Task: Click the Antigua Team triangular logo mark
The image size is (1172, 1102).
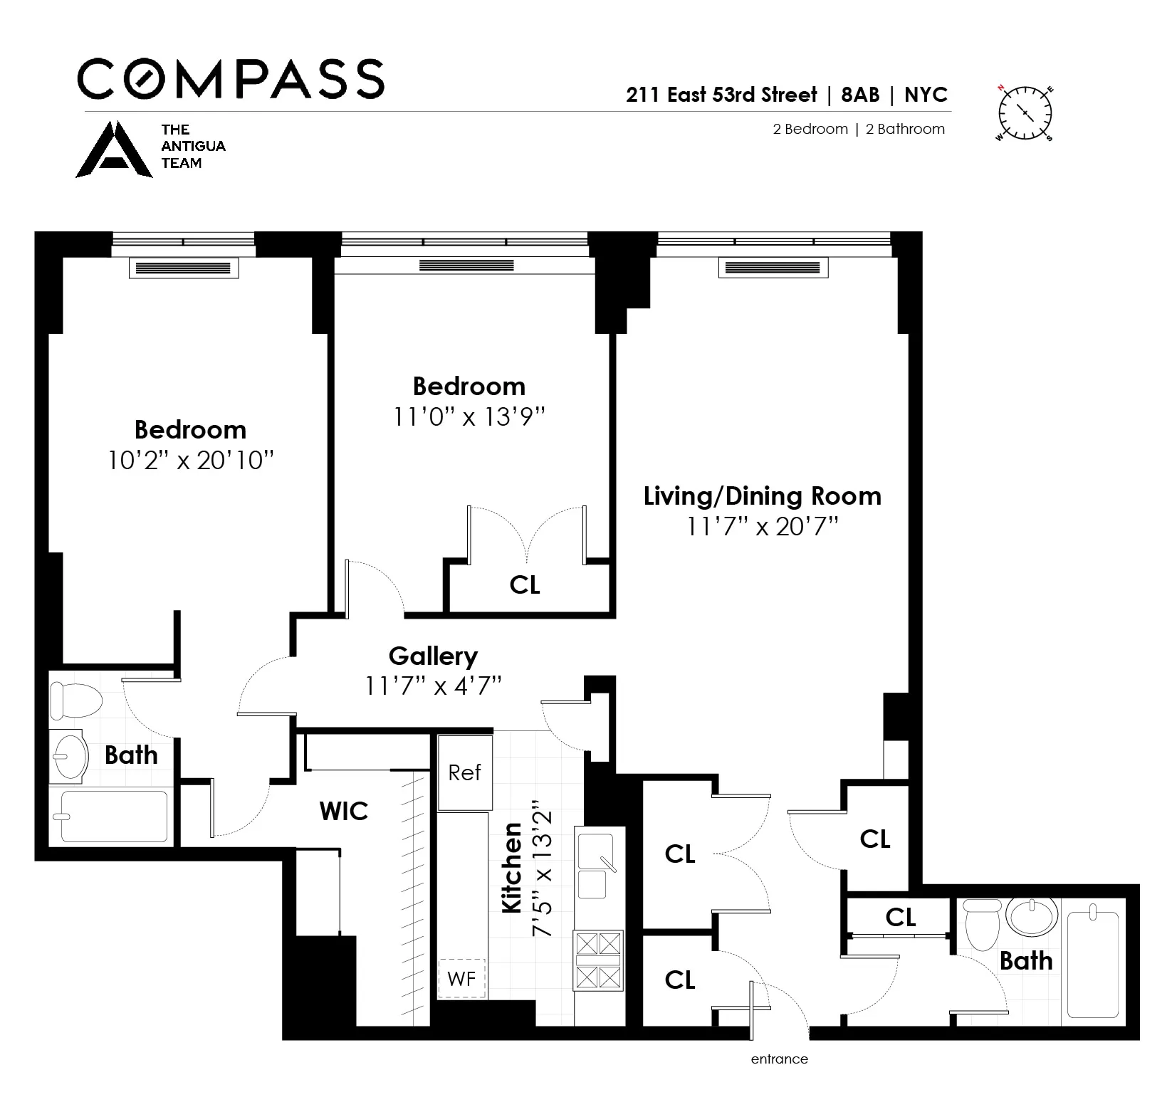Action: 114,150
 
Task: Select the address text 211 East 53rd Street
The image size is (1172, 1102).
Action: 721,95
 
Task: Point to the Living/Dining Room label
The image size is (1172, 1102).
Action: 762,496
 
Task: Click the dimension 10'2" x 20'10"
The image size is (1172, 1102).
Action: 190,461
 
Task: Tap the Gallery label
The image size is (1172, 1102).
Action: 433,656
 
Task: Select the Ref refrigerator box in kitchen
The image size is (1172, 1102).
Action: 464,773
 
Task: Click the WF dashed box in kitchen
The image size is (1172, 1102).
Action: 461,979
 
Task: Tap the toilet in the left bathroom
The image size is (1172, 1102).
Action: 76,700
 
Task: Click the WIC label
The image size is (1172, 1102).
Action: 344,811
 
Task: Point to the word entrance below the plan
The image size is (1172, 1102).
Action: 779,1059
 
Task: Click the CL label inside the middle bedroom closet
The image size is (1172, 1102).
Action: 525,585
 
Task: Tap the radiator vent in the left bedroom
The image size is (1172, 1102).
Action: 183,268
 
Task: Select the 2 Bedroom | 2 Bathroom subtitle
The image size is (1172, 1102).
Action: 859,129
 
